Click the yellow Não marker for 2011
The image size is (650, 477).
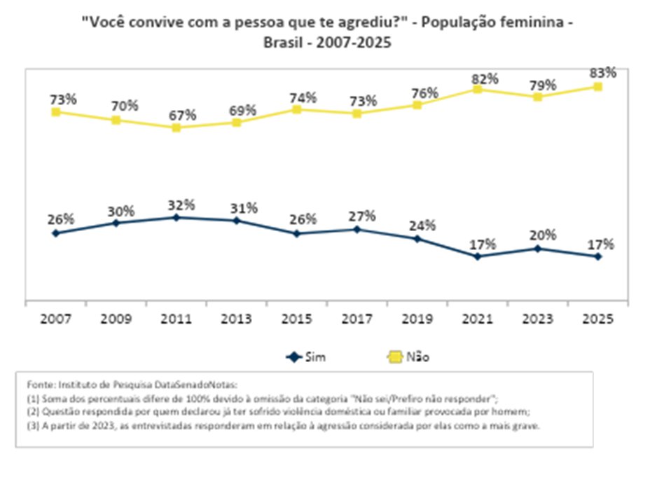[x=176, y=127]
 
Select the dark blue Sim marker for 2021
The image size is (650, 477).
[x=477, y=256]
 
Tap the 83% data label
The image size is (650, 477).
[x=602, y=73]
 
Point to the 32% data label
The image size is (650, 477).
[x=181, y=205]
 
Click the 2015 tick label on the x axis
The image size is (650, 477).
[x=296, y=319]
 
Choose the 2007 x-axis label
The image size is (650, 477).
[x=55, y=319]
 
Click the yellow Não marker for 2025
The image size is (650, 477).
[x=597, y=87]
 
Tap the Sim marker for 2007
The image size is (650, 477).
[x=55, y=233]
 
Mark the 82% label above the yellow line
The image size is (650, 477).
[x=483, y=76]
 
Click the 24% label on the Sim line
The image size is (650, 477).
[x=422, y=226]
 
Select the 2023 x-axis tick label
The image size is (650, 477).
[x=537, y=319]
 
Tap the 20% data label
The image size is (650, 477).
[x=543, y=235]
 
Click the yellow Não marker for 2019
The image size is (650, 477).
[x=417, y=105]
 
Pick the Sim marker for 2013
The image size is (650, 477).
[x=236, y=221]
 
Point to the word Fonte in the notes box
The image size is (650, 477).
[x=39, y=385]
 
